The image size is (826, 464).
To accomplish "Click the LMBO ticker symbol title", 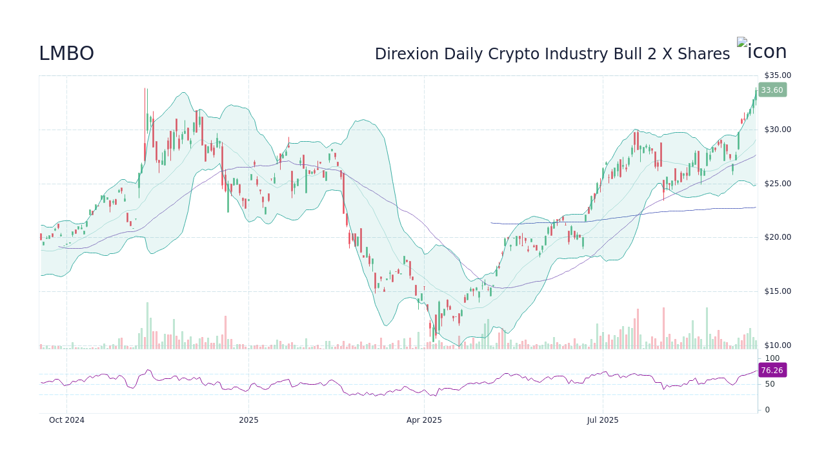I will pos(66,54).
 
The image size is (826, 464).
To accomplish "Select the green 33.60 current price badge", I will pos(772,90).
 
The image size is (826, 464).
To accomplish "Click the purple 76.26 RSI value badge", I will pos(772,371).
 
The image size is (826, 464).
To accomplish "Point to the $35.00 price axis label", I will pos(777,75).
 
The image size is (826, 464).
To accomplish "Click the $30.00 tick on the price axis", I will pos(777,130).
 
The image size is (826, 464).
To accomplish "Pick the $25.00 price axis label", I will pos(777,184).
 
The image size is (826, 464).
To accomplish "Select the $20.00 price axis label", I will pos(777,237).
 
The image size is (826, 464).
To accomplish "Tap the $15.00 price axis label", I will pos(777,291).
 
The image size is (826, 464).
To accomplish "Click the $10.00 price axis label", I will pos(777,345).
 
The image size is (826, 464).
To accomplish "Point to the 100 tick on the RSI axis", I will pos(772,358).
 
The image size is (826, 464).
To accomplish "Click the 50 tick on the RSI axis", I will pos(770,384).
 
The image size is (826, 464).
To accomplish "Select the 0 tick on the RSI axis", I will pos(767,410).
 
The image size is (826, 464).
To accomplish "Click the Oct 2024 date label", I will pos(67,420).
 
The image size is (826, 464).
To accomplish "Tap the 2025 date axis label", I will pos(248,420).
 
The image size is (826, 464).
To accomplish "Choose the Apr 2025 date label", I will pos(424,420).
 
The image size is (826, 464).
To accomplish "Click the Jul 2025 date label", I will pos(603,420).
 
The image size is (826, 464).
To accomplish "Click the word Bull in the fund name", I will pos(630,55).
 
